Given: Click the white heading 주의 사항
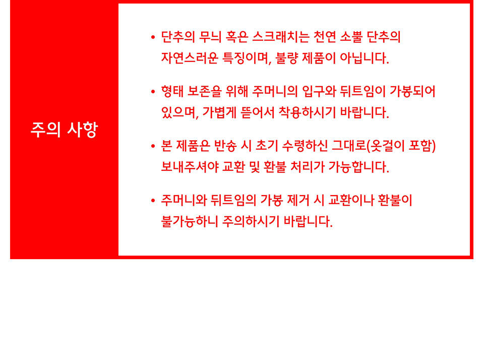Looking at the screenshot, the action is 64,130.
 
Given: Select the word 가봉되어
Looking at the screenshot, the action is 412,91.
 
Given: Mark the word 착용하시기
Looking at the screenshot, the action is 307,112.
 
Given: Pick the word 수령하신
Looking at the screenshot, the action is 305,146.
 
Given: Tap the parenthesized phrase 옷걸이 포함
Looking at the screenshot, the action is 401,146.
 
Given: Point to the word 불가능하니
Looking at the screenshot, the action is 190,221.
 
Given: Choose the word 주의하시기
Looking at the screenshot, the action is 251,221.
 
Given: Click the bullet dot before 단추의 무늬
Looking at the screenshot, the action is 153,37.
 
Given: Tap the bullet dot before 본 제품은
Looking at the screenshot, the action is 153,146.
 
